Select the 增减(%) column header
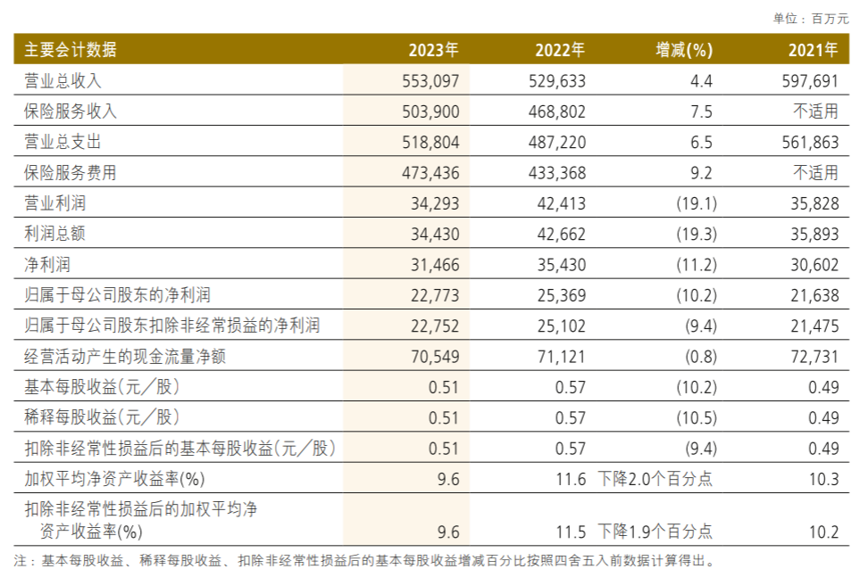[x=684, y=50]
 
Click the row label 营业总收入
[x=63, y=81]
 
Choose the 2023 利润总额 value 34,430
[x=435, y=234]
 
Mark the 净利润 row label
[x=48, y=265]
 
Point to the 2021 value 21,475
[x=814, y=326]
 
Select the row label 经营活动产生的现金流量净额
[x=125, y=357]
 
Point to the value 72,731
[x=814, y=357]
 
